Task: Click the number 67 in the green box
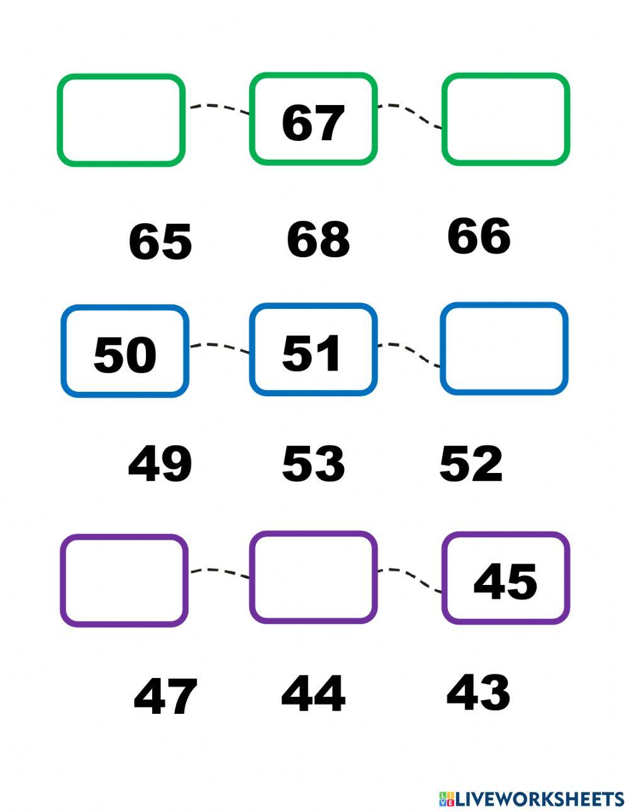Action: (x=313, y=123)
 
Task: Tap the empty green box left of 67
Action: (x=121, y=120)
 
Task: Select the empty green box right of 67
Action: (x=505, y=120)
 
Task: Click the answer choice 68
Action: (x=318, y=240)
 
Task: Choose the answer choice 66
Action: (x=479, y=236)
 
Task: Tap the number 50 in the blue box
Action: (x=125, y=355)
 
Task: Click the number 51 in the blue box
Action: (x=312, y=353)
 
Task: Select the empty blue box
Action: (x=504, y=348)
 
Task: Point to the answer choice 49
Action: (x=160, y=464)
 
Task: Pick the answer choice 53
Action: (x=313, y=464)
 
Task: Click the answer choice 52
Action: (x=470, y=464)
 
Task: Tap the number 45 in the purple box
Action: (x=505, y=582)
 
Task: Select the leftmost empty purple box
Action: (x=124, y=580)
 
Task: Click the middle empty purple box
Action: (x=313, y=577)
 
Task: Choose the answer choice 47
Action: (x=165, y=697)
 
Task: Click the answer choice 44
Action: (x=313, y=694)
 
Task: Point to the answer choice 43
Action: (x=478, y=692)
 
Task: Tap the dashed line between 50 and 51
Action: (x=219, y=347)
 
